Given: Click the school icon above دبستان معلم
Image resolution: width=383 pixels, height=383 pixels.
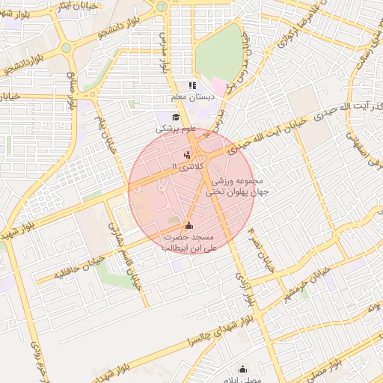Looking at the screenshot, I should (192, 85).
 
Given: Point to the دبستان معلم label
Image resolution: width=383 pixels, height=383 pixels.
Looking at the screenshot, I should (192, 97).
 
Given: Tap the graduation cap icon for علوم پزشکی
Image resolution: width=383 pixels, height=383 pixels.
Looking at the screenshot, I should (176, 117).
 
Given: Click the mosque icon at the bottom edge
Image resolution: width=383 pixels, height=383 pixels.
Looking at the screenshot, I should (242, 369).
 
